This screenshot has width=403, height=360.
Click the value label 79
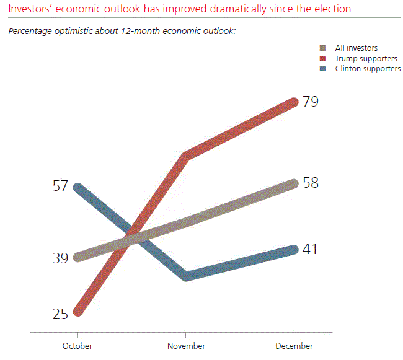point(311,102)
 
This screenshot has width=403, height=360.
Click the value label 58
point(311,183)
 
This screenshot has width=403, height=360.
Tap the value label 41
point(311,249)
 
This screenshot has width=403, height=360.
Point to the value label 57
point(60,187)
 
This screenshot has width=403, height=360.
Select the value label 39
point(60,258)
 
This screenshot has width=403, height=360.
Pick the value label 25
point(60,314)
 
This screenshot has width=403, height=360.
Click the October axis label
point(77,346)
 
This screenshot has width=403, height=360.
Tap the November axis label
point(186,346)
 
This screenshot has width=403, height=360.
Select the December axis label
point(294,346)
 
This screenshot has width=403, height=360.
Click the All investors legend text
point(356,48)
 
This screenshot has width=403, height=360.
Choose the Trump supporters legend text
point(366,59)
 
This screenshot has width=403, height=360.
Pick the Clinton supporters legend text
point(368,69)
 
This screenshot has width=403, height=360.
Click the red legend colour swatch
point(322,59)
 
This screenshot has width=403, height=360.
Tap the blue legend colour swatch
point(322,69)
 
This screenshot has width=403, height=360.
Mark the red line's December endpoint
point(294,102)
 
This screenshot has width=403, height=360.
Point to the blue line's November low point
point(186,276)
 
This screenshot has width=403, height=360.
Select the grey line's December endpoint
point(294,183)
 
